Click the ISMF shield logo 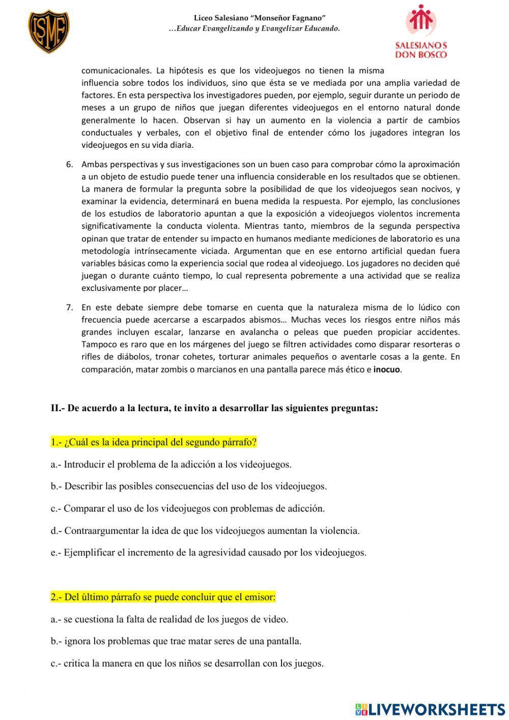[48, 32]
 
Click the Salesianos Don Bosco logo [421, 32]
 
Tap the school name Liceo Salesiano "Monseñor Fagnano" [260, 18]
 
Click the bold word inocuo [387, 369]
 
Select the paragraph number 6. [70, 164]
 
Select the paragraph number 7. [70, 307]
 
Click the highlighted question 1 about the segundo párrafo [154, 442]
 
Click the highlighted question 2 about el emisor [163, 597]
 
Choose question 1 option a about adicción [171, 464]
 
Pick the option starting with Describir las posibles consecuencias [188, 486]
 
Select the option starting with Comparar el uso [187, 508]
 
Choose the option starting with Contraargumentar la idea [205, 530]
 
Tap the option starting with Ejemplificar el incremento [208, 552]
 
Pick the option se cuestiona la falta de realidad [169, 619]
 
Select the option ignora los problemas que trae [176, 641]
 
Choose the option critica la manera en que [187, 663]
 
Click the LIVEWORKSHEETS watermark [430, 709]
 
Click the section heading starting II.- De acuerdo [214, 408]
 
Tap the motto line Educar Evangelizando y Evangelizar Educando [254, 29]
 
